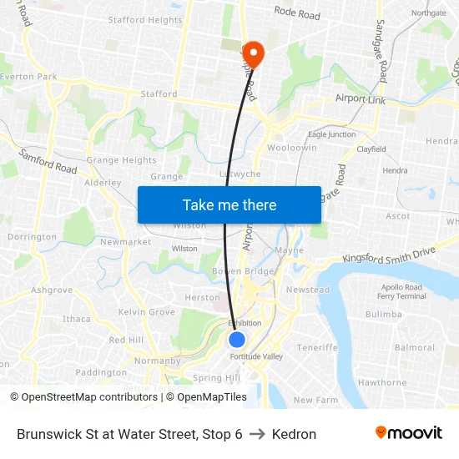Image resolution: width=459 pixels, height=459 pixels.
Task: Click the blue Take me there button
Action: click(229, 204)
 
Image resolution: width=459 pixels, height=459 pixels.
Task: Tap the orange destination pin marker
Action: click(252, 53)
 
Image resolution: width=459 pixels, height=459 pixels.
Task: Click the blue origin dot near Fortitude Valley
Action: click(237, 340)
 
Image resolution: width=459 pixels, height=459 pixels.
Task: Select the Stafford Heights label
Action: click(144, 20)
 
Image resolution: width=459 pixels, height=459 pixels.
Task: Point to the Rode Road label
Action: click(297, 15)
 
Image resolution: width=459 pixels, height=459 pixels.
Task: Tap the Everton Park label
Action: click(28, 77)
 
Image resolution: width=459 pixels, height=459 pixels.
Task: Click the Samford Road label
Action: click(48, 161)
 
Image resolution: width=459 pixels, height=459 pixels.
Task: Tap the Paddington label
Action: click(100, 372)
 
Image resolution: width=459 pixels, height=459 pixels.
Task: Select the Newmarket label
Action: click(125, 242)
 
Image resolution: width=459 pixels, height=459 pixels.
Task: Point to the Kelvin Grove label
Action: click(147, 311)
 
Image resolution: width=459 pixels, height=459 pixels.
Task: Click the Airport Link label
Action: click(361, 99)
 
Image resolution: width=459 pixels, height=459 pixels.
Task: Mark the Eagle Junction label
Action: click(331, 134)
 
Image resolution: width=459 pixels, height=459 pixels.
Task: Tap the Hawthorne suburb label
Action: click(381, 382)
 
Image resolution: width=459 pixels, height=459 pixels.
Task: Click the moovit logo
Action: click(408, 433)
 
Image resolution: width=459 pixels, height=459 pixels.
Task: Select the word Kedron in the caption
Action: click(294, 434)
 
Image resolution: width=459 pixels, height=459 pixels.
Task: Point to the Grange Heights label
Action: click(121, 160)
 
